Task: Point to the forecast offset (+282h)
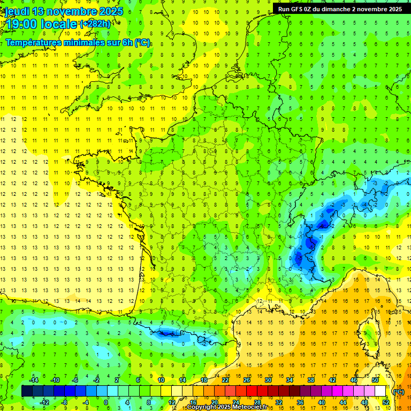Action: (95, 24)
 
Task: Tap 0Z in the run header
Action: (310, 9)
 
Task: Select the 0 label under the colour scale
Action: (106, 402)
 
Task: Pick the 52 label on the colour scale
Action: (385, 402)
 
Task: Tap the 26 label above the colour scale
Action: (247, 380)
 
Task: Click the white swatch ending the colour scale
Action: (380, 391)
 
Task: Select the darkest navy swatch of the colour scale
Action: (27, 391)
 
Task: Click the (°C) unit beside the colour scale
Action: (399, 391)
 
